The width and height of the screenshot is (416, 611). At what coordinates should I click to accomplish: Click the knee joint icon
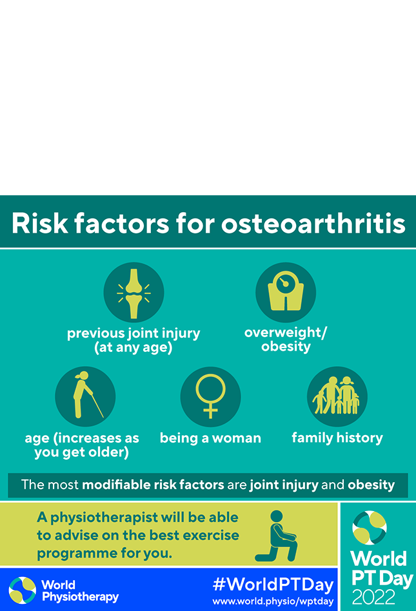134,293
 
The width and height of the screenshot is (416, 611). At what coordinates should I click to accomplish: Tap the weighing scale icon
285,291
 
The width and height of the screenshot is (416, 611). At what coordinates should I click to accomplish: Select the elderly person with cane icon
88,394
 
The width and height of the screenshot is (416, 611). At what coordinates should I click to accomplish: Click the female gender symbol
210,396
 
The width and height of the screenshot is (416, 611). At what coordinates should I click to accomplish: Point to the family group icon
336,395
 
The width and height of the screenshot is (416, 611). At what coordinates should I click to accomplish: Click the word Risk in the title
39,223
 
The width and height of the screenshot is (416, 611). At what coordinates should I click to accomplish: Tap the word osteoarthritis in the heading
313,223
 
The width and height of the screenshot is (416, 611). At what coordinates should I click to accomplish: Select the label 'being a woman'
210,438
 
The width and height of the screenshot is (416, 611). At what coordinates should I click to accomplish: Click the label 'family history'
337,438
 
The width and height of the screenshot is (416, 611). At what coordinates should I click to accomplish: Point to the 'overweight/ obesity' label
286,339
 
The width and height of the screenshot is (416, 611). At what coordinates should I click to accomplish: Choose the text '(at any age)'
134,347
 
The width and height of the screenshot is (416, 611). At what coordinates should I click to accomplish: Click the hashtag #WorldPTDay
273,584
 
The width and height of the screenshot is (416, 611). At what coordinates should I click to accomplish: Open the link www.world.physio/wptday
273,601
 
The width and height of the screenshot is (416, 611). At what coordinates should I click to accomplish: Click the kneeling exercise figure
276,536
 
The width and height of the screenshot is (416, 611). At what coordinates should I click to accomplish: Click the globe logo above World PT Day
369,527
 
